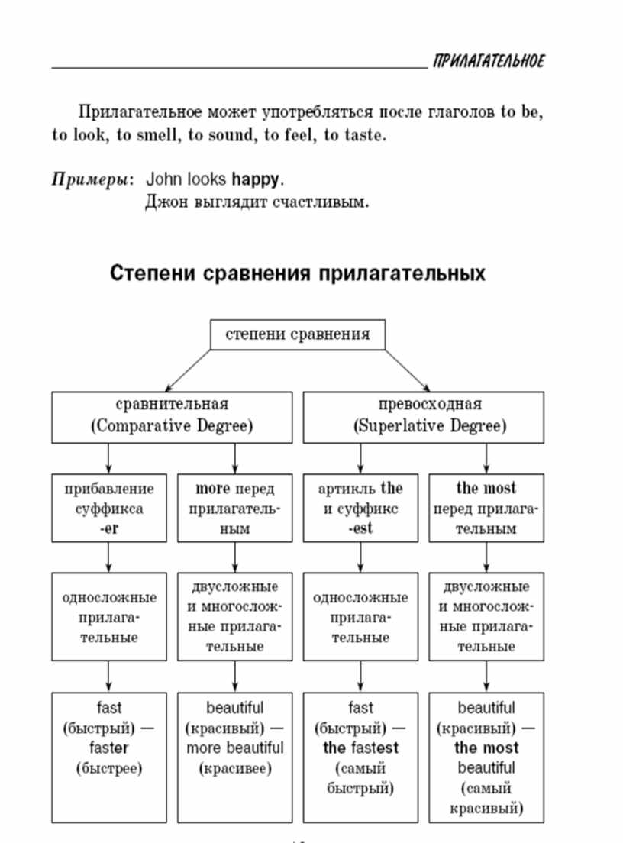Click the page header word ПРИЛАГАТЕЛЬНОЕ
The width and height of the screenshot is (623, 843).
tap(489, 61)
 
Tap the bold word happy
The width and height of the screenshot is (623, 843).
tap(256, 179)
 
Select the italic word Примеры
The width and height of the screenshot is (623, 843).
tap(90, 179)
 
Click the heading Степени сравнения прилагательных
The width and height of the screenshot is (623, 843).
tap(297, 273)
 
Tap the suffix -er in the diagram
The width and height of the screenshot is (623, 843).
tap(109, 528)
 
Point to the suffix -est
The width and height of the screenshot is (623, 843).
tap(360, 528)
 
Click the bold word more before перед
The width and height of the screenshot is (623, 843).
tap(213, 488)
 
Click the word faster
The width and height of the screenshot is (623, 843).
tap(109, 748)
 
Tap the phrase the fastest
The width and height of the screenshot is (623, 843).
tap(360, 748)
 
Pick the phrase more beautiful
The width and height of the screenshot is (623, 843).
tap(235, 748)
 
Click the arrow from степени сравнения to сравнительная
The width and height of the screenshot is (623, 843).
tap(188, 370)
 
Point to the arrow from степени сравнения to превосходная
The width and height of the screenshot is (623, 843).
tap(408, 370)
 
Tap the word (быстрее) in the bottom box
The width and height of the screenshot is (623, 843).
tap(109, 768)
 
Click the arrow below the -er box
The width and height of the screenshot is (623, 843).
tap(108, 557)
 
